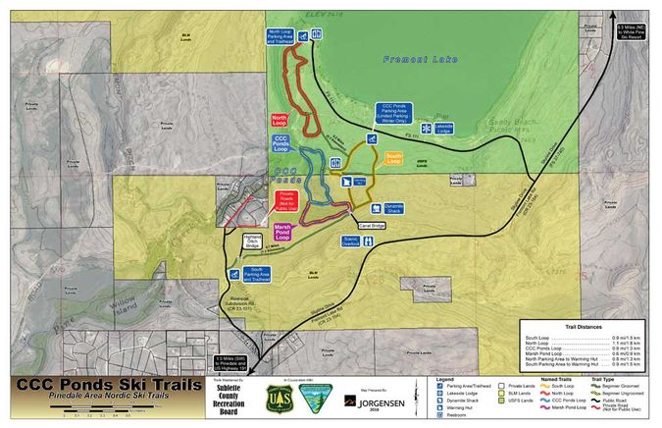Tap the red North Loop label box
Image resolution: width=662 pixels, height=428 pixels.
[x=280, y=121]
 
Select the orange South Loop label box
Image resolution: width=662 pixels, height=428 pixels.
[x=394, y=157]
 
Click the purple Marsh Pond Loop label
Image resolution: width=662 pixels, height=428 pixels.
[x=283, y=233]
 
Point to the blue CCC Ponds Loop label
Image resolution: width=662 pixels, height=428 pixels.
[x=281, y=146]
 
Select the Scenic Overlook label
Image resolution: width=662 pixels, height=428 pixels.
[x=350, y=241]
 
